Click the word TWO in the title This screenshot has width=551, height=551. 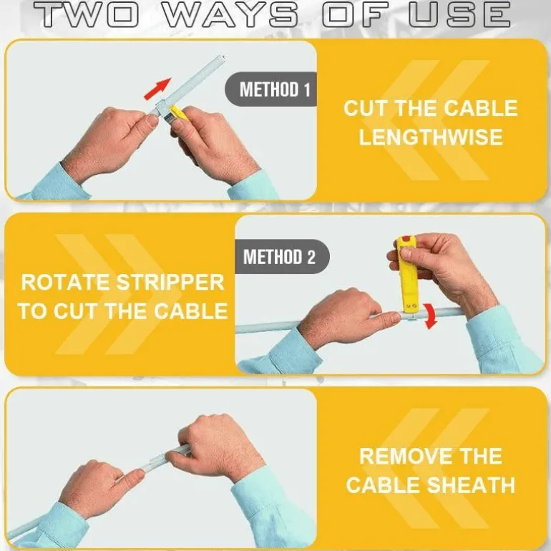click(x=87, y=14)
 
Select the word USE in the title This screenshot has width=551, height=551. click(x=460, y=14)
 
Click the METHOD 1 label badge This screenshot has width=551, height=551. click(x=271, y=89)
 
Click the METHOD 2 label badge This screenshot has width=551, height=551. click(x=282, y=256)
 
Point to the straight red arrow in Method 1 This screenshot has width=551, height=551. click(x=157, y=89)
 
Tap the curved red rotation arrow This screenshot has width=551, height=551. click(x=431, y=317)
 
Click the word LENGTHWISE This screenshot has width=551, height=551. click(x=431, y=137)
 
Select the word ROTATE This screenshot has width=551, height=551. click(x=65, y=282)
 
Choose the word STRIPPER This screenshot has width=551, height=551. click(x=170, y=282)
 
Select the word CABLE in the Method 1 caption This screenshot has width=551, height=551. click(x=480, y=108)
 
